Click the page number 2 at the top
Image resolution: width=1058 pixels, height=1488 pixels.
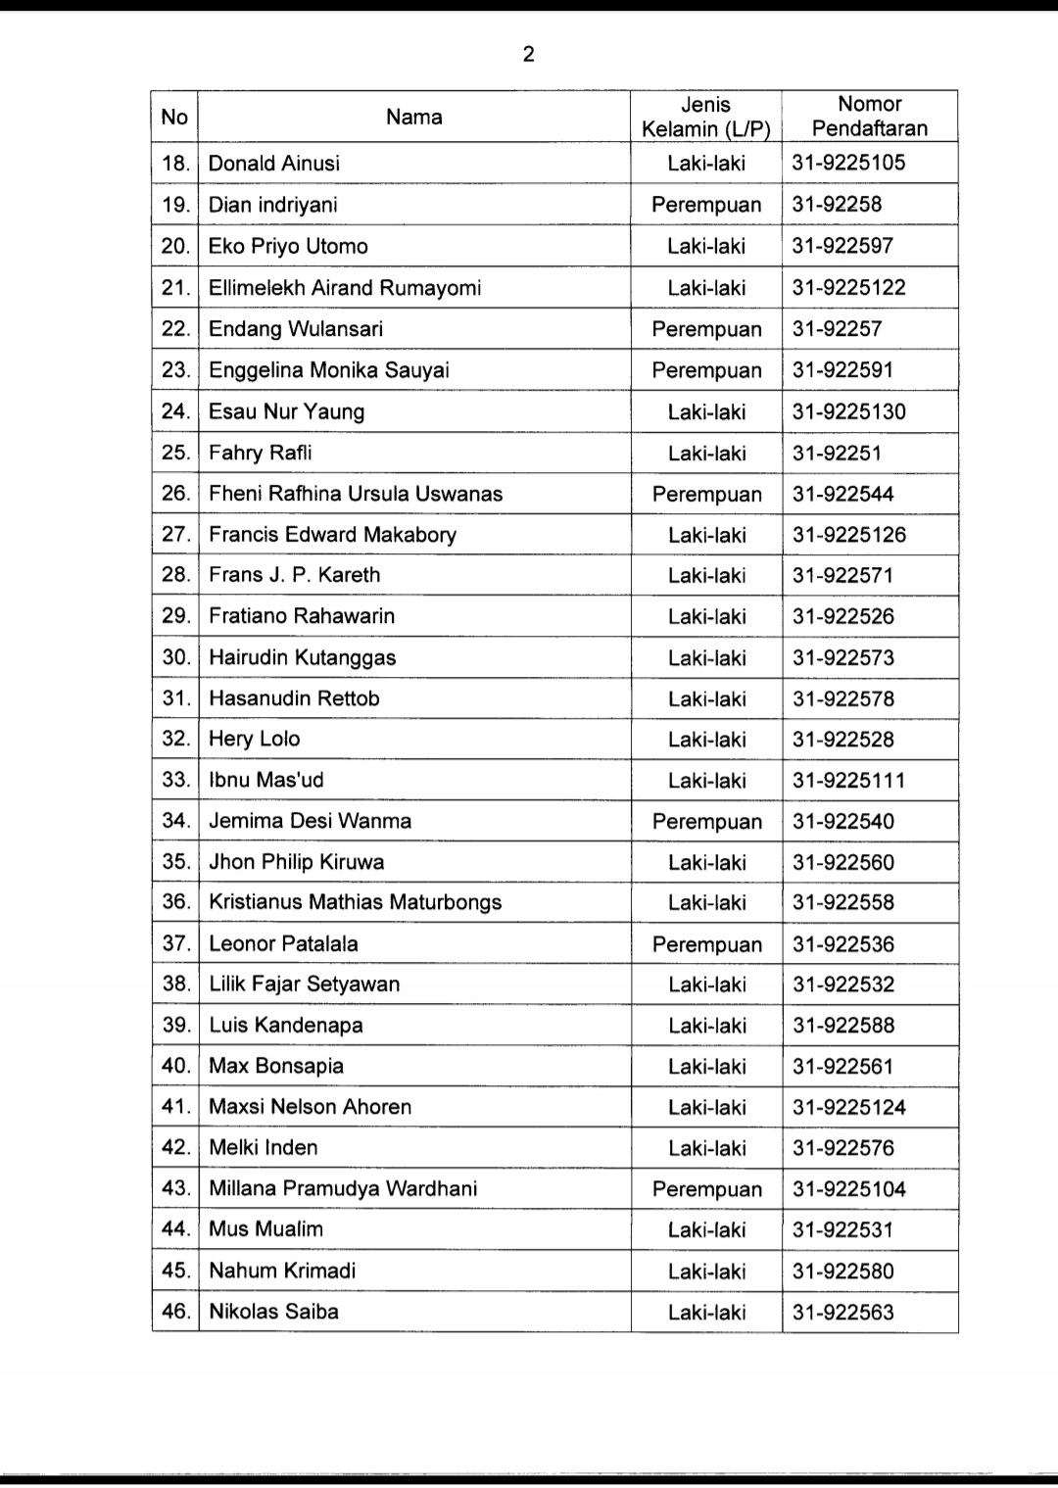pyautogui.click(x=529, y=55)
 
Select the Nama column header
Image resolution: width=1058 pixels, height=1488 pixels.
pyautogui.click(x=413, y=118)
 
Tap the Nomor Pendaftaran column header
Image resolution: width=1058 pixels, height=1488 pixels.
pyautogui.click(x=870, y=116)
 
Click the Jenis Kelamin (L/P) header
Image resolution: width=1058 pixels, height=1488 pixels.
pyautogui.click(x=706, y=117)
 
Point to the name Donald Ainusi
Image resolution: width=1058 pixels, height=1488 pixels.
pyautogui.click(x=274, y=164)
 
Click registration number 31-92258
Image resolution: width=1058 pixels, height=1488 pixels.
pyautogui.click(x=838, y=205)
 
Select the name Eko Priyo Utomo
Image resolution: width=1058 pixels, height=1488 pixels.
pyautogui.click(x=288, y=246)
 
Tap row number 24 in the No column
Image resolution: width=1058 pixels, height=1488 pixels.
pyautogui.click(x=175, y=411)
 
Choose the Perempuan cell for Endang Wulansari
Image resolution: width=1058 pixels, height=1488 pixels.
pyautogui.click(x=706, y=329)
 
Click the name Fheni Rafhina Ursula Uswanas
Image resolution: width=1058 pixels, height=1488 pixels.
pyautogui.click(x=356, y=494)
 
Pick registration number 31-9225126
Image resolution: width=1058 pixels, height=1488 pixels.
pyautogui.click(x=849, y=535)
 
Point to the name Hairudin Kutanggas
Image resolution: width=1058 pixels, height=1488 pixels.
pyautogui.click(x=303, y=657)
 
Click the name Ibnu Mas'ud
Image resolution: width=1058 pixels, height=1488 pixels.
pyautogui.click(x=266, y=781)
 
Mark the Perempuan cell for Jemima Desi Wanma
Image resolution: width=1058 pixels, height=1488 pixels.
pyautogui.click(x=706, y=822)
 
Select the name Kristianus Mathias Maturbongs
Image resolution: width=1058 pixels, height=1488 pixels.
pyautogui.click(x=356, y=903)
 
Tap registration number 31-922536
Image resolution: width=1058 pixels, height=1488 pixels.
pyautogui.click(x=843, y=944)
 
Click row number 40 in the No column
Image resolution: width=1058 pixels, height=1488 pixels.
pyautogui.click(x=175, y=1066)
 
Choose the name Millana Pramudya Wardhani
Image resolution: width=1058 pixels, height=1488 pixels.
pyautogui.click(x=344, y=1189)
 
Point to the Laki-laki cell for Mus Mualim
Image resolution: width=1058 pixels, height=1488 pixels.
pyautogui.click(x=706, y=1230)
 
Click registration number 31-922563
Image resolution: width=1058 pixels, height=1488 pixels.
pyautogui.click(x=843, y=1313)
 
